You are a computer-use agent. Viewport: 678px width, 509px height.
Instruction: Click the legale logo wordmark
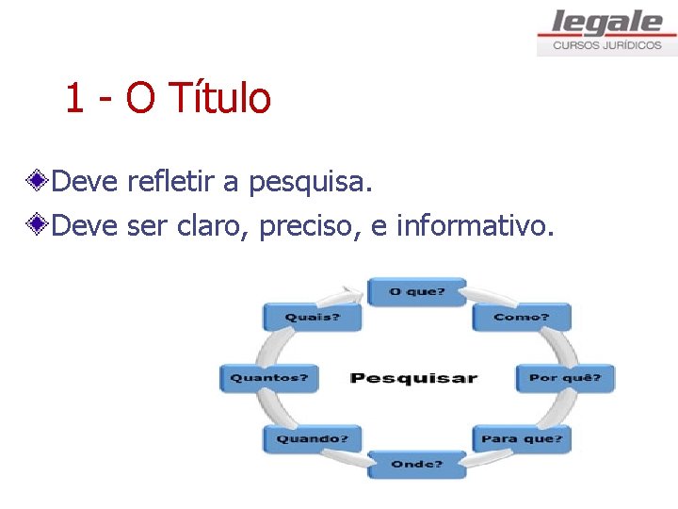(606, 22)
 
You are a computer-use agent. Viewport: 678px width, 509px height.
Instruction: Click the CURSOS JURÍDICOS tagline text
(606, 45)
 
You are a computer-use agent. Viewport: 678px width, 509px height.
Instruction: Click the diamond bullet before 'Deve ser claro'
(38, 225)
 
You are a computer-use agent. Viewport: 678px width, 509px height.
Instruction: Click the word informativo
(469, 225)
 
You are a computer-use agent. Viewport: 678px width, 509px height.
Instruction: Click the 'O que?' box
(416, 291)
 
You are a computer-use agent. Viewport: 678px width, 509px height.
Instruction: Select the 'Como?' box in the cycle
(521, 317)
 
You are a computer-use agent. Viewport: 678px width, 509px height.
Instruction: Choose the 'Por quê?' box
(565, 378)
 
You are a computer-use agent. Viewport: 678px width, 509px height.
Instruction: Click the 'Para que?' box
(522, 438)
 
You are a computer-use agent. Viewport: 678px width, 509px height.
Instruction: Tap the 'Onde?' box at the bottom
(416, 464)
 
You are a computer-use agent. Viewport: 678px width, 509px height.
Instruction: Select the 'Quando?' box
(312, 438)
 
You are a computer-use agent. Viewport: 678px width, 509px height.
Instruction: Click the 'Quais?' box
(312, 317)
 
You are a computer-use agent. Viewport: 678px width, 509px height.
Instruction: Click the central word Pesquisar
(413, 378)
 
